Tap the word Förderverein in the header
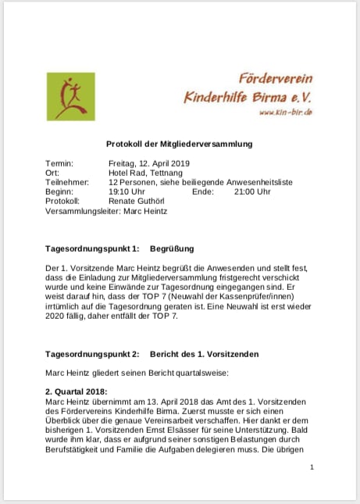276,78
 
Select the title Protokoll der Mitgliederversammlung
180,144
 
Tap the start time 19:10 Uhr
127,191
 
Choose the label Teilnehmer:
66,182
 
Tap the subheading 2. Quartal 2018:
77,391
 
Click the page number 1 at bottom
312,466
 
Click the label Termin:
59,163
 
